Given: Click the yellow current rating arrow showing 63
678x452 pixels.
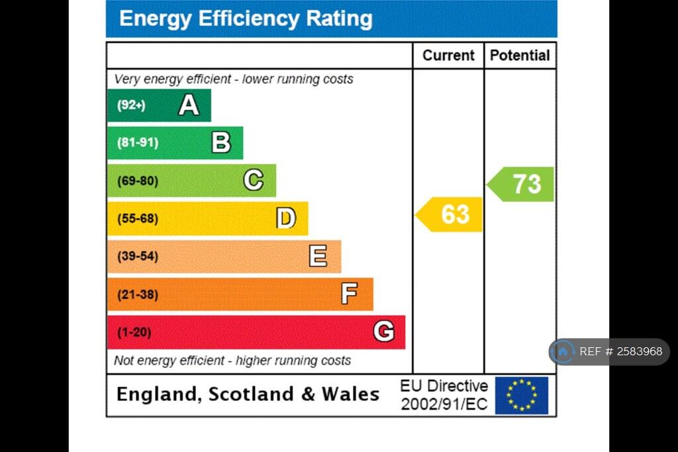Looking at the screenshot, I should tap(450, 215).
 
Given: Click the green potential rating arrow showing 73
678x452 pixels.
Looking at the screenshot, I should tap(522, 184).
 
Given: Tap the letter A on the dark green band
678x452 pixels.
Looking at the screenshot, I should tap(189, 105).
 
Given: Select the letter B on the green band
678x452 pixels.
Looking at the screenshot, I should tap(221, 142).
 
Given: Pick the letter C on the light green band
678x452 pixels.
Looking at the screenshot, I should tap(253, 180).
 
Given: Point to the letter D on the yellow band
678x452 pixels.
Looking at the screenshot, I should tap(286, 218).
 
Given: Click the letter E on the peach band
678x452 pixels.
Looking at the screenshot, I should tap(318, 256).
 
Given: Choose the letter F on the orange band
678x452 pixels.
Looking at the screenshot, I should tap(350, 294).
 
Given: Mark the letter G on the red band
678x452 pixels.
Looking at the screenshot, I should tap(383, 331).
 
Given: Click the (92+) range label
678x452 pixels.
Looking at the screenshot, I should tap(131, 105).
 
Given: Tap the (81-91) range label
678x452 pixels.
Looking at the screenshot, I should tap(138, 142).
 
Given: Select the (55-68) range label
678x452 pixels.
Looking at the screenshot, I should tap(138, 218).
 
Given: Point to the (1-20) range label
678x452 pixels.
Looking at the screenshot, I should tap(134, 332).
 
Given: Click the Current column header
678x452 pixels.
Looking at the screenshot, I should tap(448, 56).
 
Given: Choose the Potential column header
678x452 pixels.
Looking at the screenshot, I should tap(520, 56).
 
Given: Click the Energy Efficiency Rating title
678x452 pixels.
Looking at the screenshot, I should tap(246, 19).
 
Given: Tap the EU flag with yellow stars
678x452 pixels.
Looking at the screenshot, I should tap(522, 395).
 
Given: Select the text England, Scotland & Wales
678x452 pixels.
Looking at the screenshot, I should tap(248, 394).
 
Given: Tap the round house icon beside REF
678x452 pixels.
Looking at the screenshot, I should tap(563, 352).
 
